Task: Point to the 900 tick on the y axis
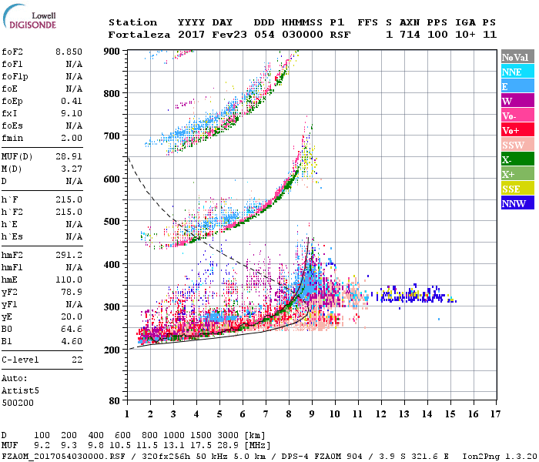coord(112,51)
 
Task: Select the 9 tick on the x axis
coord(311,413)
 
